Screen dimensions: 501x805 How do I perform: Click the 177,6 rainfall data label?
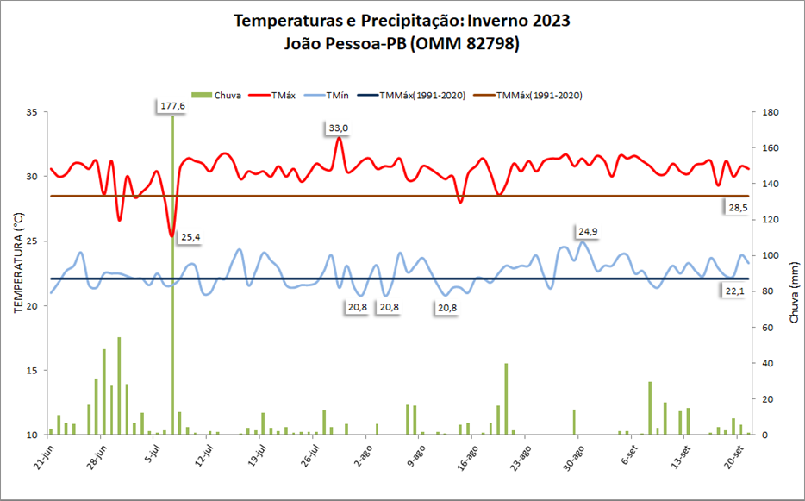tap(172, 106)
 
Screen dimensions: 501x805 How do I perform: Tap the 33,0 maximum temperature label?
tap(338, 128)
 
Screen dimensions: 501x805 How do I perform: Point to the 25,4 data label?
tap(192, 236)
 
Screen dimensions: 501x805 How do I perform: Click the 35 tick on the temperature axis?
tap(32, 112)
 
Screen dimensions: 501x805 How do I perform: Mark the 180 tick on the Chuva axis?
tap(770, 112)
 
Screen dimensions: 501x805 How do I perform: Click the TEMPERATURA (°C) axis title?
tap(18, 273)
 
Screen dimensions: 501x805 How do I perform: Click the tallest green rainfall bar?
tap(172, 276)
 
